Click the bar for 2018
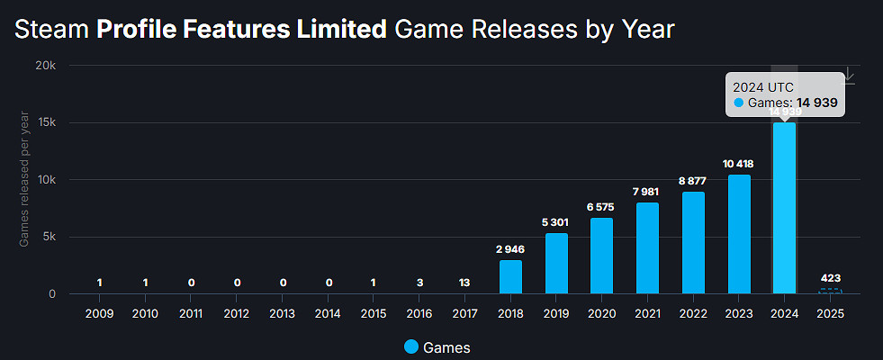[x=510, y=276]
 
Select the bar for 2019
[x=556, y=263]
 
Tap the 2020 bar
[x=602, y=256]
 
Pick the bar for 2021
[x=648, y=247]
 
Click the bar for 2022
[x=693, y=242]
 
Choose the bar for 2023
[x=739, y=234]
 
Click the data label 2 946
[x=510, y=248]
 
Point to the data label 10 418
[x=739, y=163]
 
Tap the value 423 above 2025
[x=830, y=277]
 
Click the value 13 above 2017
[x=465, y=283]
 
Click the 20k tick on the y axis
[x=45, y=66]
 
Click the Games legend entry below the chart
[x=437, y=346]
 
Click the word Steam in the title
[x=52, y=30]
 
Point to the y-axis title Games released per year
[x=24, y=180]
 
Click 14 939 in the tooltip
[x=815, y=103]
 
